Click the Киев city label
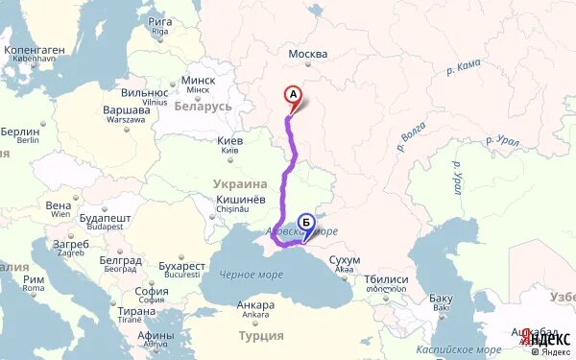tap(229, 141)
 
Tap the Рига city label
tap(160, 21)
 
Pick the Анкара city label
tap(255, 305)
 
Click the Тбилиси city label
tap(386, 279)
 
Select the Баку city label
tap(441, 298)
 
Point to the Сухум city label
tap(344, 260)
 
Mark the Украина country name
tap(240, 183)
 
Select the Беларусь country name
tap(204, 106)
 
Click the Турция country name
tap(261, 336)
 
